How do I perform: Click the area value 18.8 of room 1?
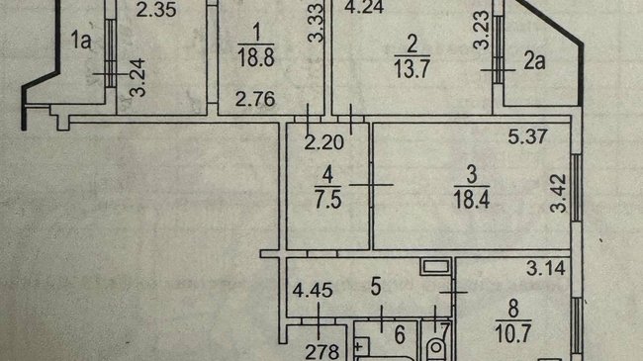pyautogui.click(x=256, y=56)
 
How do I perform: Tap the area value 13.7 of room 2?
pyautogui.click(x=412, y=67)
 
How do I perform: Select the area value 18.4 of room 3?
pyautogui.click(x=472, y=199)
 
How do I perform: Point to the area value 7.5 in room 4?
pyautogui.click(x=328, y=200)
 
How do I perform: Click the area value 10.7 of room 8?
pyautogui.click(x=513, y=332)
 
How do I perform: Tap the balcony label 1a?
pyautogui.click(x=81, y=40)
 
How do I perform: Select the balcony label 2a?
pyautogui.click(x=534, y=60)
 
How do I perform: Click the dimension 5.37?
pyautogui.click(x=527, y=136)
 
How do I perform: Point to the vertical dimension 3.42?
pyautogui.click(x=558, y=194)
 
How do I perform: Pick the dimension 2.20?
pyautogui.click(x=323, y=142)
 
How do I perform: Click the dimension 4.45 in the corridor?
pyautogui.click(x=312, y=290)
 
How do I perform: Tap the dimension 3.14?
pyautogui.click(x=546, y=268)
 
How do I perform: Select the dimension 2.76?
pyautogui.click(x=255, y=99)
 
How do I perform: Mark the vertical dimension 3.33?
pyautogui.click(x=316, y=24)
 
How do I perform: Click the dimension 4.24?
pyautogui.click(x=364, y=7)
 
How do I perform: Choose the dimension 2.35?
pyautogui.click(x=156, y=10)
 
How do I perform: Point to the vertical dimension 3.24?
pyautogui.click(x=138, y=77)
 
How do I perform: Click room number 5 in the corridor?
pyautogui.click(x=376, y=287)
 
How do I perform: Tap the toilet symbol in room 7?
pyautogui.click(x=436, y=348)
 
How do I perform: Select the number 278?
pyautogui.click(x=322, y=352)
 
